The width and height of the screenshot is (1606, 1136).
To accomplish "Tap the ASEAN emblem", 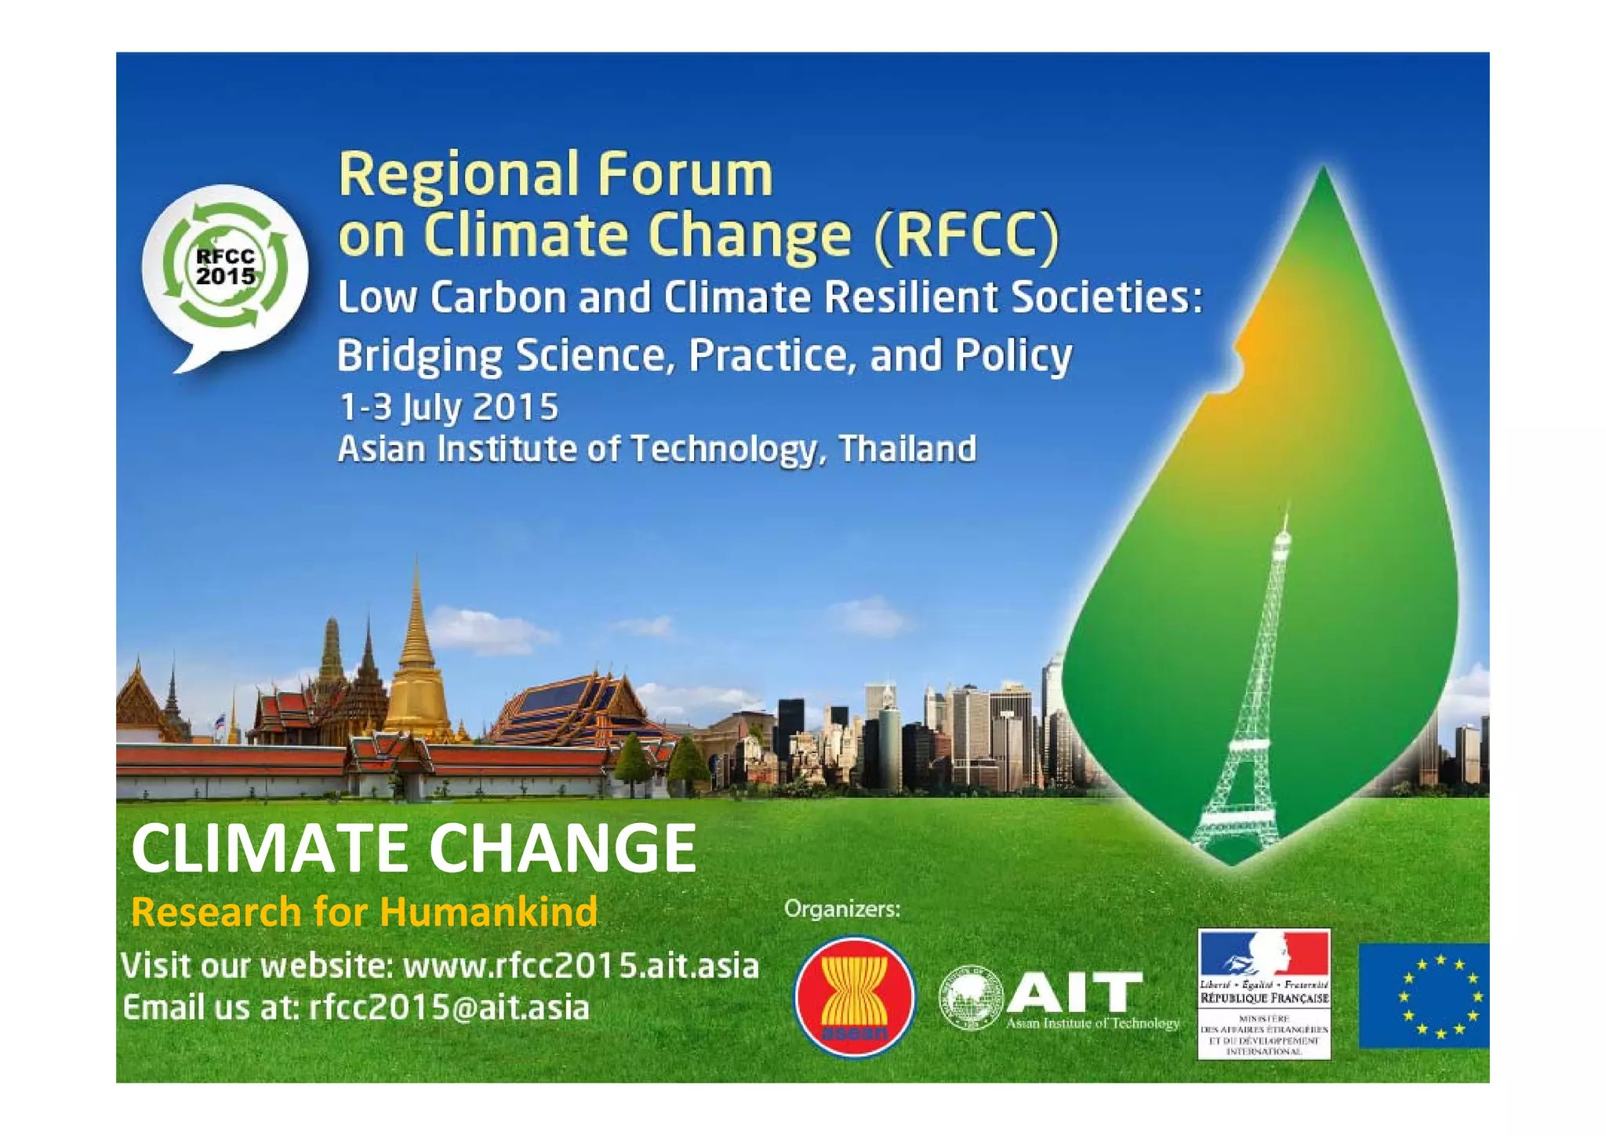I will (854, 996).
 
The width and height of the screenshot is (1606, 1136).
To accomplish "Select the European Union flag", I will (1423, 996).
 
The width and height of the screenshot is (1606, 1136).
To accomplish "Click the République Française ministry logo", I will (1264, 993).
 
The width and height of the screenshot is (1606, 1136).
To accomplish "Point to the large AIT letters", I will (1074, 992).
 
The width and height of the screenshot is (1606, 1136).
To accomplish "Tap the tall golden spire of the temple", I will (416, 628).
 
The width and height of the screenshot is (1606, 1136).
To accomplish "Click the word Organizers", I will (842, 909).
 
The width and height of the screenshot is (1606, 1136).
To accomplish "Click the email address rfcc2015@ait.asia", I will (449, 1008).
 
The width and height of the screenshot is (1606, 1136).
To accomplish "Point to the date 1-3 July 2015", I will (449, 407).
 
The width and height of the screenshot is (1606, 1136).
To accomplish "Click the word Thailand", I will (907, 450).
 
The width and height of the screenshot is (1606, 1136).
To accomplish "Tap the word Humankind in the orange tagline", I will (489, 912).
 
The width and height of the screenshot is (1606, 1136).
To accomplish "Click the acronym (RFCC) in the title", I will (967, 235).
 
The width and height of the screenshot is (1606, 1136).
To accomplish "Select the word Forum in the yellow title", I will (685, 174).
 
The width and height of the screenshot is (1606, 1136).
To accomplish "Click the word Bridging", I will (420, 356).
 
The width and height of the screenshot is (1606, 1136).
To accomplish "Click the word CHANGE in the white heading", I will (562, 848).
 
